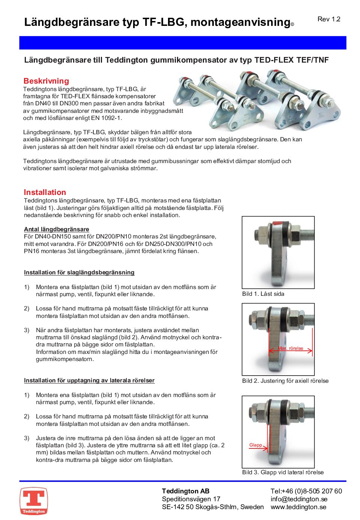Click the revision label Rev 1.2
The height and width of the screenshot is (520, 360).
coord(328,19)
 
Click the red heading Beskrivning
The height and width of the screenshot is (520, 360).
coord(46,81)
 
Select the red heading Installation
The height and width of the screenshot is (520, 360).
coord(45,192)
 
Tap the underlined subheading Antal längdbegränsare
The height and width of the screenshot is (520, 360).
coord(56,229)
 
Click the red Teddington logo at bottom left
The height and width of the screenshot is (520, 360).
coord(34,501)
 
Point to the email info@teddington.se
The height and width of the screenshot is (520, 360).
coord(299,499)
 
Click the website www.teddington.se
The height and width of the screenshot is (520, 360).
coord(298,507)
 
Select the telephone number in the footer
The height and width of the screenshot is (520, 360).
coord(306,491)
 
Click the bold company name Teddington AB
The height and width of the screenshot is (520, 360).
coord(186,491)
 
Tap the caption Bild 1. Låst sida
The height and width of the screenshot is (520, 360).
coord(263,294)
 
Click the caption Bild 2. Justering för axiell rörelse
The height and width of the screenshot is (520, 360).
coord(285,381)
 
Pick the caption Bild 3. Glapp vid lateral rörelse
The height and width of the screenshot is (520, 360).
coord(283,472)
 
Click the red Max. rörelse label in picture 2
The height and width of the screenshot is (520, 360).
coord(291,348)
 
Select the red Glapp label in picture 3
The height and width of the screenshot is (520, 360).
coord(256,445)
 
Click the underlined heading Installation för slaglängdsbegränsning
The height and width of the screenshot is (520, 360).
coord(79,273)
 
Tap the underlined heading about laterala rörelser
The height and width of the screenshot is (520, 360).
coord(89,381)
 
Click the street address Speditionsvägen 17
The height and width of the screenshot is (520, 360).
coord(191,499)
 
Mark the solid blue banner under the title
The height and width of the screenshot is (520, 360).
coord(183,43)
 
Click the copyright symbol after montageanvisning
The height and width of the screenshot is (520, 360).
coord(292,25)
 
